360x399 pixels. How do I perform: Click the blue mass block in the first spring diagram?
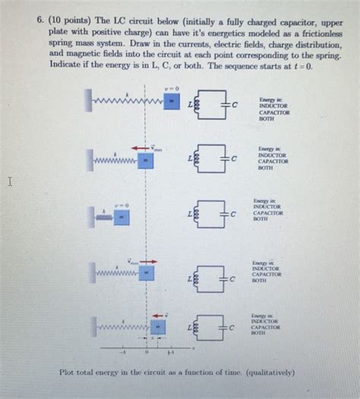pyautogui.click(x=172, y=101)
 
